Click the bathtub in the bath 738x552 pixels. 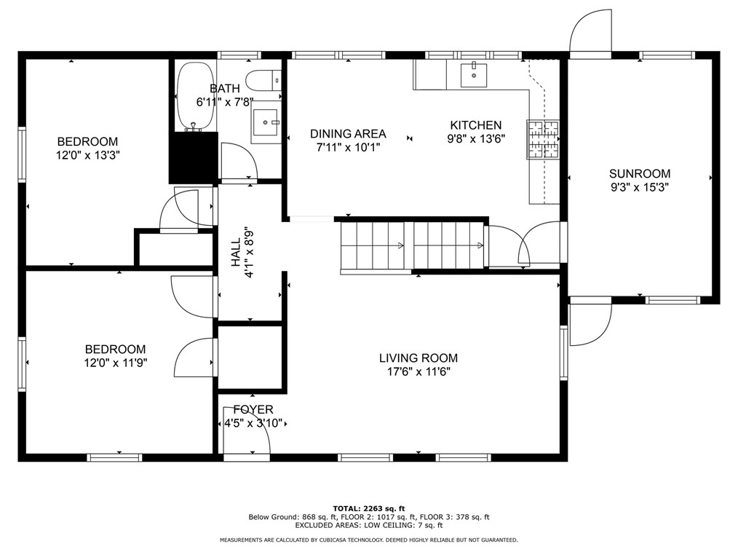click(x=196, y=96)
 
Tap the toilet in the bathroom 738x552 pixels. click(x=264, y=80)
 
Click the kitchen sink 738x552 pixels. click(x=474, y=74)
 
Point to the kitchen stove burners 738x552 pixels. click(x=543, y=139)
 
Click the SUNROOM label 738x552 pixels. click(x=640, y=173)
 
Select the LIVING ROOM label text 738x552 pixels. click(x=418, y=358)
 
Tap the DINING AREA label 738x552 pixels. click(x=348, y=134)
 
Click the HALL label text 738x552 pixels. click(x=236, y=253)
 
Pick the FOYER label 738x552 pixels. click(x=253, y=410)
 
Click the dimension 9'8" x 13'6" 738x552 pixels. click(x=476, y=139)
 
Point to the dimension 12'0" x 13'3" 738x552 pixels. click(x=88, y=155)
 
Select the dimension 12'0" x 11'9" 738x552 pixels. click(x=115, y=363)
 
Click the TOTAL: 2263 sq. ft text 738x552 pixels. click(x=369, y=508)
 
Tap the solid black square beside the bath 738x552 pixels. click(x=194, y=157)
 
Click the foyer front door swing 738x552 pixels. click(x=246, y=430)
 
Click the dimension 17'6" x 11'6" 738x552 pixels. click(x=418, y=371)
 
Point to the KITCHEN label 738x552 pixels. click(x=476, y=125)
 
